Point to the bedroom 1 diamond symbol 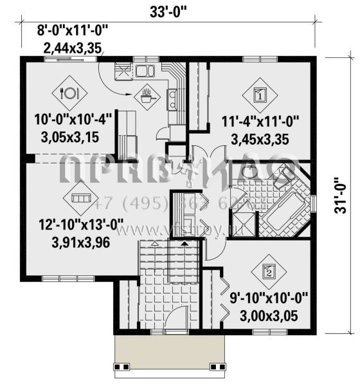click(x=260, y=95)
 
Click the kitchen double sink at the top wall click(x=144, y=71)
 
